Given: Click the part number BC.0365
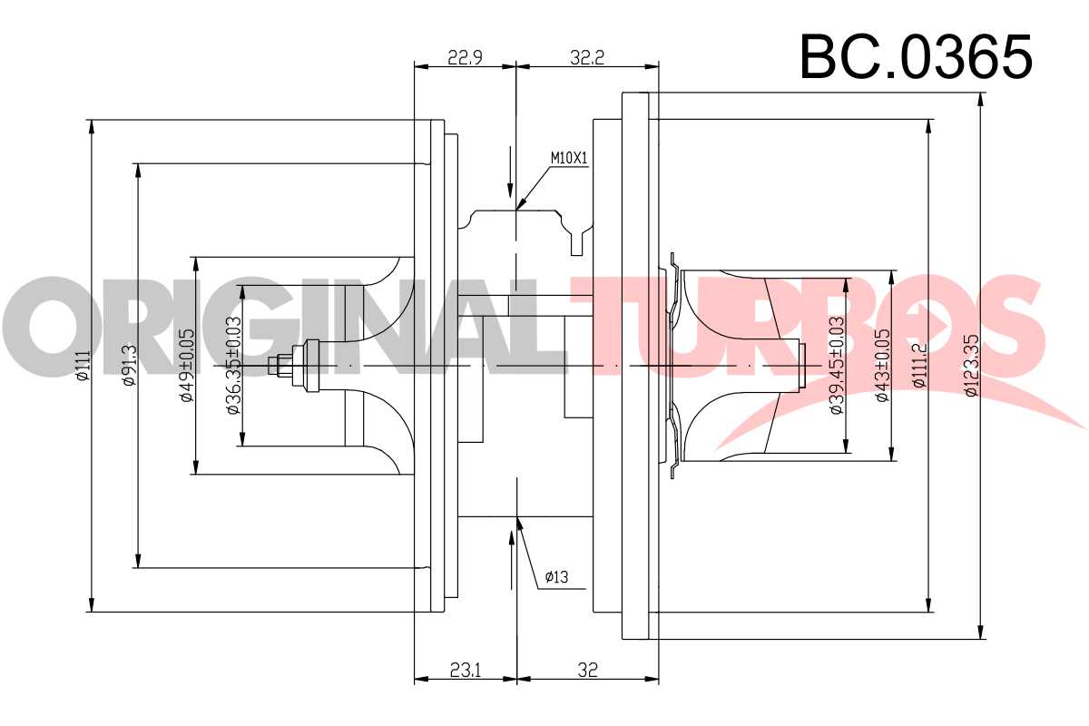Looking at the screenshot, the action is pyautogui.click(x=916, y=57).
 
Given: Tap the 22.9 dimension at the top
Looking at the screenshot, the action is pyautogui.click(x=465, y=58).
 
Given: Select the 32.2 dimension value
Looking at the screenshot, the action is pyautogui.click(x=587, y=58).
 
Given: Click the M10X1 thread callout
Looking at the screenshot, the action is pyautogui.click(x=569, y=158).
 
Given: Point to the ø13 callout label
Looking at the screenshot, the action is pyautogui.click(x=556, y=577).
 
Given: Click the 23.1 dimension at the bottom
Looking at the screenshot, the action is pyautogui.click(x=466, y=670).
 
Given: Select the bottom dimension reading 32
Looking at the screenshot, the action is pyautogui.click(x=588, y=670).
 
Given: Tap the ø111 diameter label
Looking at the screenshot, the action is pyautogui.click(x=83, y=366).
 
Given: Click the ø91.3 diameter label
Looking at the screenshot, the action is pyautogui.click(x=131, y=365).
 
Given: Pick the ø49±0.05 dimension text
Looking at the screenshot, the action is pyautogui.click(x=187, y=365).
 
